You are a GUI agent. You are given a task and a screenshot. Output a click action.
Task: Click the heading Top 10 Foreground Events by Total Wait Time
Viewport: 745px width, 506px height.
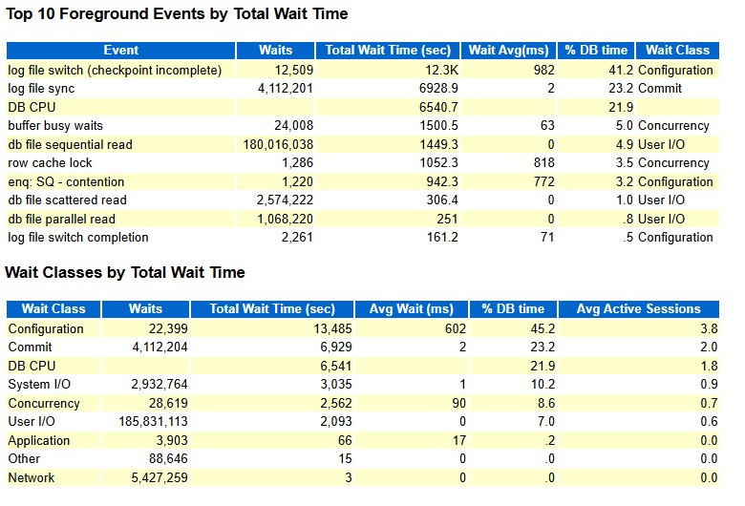point(177,13)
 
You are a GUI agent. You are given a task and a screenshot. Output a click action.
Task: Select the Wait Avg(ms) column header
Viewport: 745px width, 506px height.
point(508,51)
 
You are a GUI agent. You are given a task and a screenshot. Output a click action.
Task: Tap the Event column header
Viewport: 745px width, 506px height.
point(120,51)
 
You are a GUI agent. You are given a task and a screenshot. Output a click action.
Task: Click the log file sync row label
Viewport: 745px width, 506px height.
point(41,89)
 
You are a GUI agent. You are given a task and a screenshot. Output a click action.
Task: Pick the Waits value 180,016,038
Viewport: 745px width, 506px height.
point(278,144)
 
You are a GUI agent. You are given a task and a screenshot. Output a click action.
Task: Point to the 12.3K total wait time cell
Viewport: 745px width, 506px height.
point(441,70)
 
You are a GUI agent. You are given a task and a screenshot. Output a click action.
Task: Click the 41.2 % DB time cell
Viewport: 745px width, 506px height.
point(621,70)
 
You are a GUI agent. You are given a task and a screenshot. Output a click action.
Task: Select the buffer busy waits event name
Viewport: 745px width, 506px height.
point(55,125)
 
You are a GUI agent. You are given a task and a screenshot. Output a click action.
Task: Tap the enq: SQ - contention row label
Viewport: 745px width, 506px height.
point(66,181)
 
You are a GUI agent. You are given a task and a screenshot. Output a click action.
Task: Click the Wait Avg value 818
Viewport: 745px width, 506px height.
point(543,163)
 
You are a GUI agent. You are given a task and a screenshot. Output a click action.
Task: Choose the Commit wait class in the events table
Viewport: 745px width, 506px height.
point(659,89)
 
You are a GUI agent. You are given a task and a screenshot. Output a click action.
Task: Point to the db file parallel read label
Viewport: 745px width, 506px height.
point(62,219)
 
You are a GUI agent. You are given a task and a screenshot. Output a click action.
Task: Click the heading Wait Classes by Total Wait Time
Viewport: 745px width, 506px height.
point(125,272)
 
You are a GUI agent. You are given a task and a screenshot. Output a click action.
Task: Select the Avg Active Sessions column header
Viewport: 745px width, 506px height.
point(638,308)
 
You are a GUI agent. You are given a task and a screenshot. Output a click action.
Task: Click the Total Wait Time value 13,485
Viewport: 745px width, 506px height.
point(332,328)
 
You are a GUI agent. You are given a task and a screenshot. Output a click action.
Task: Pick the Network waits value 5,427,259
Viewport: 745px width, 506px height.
point(160,477)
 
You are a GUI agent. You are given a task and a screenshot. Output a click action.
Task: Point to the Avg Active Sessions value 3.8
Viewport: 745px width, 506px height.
point(709,328)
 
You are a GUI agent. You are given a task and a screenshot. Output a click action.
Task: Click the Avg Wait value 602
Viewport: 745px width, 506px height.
point(455,328)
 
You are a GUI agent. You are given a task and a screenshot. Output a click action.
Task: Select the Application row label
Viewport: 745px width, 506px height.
point(39,441)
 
